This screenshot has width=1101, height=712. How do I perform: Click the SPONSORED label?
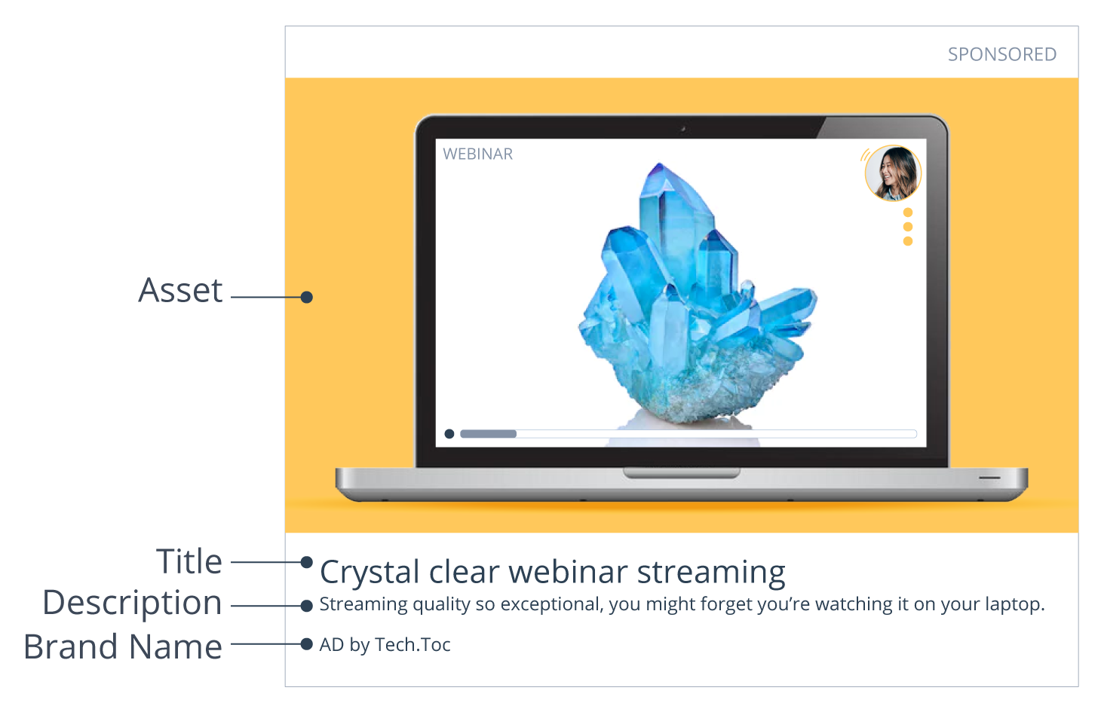(1001, 54)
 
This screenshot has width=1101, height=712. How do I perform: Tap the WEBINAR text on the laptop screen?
(477, 154)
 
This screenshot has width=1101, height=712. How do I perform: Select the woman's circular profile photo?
(893, 173)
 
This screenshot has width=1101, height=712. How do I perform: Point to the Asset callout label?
(180, 291)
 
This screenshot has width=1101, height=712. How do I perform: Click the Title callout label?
(189, 562)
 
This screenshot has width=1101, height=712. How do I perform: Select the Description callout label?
(133, 603)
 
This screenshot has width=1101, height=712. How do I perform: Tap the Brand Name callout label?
(123, 646)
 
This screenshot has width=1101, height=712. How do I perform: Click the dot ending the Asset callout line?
(306, 297)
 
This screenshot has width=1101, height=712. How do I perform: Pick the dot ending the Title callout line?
(306, 562)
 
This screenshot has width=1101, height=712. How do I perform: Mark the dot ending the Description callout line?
(306, 606)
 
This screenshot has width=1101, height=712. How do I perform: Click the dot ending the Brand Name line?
(306, 644)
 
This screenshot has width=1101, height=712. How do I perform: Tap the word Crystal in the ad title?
(369, 573)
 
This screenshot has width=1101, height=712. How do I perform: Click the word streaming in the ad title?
(710, 573)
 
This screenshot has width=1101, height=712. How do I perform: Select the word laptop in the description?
(1015, 605)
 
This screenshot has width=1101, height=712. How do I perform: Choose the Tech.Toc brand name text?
(412, 645)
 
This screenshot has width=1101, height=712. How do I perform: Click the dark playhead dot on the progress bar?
(449, 434)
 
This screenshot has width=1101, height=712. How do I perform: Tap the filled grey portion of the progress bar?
(488, 434)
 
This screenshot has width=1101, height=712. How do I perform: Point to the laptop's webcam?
(683, 129)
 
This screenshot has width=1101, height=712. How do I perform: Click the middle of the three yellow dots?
(908, 227)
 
